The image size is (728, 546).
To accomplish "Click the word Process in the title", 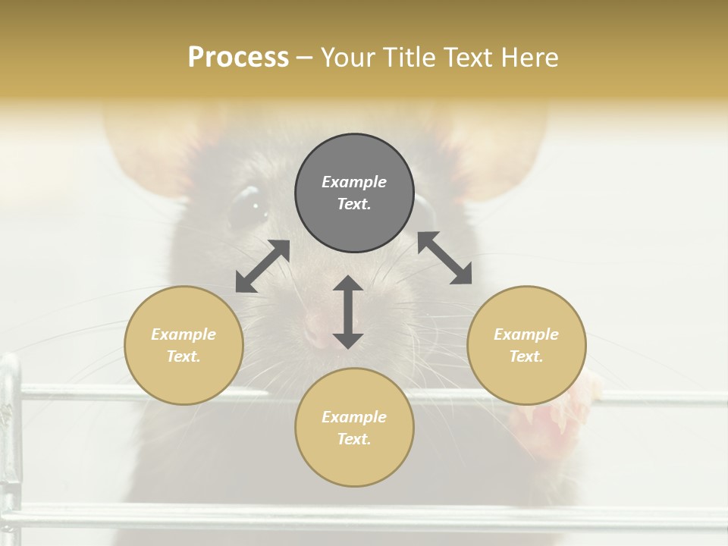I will click(238, 58).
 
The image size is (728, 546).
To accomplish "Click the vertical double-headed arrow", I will click(348, 312).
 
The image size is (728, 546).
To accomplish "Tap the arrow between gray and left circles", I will click(262, 266).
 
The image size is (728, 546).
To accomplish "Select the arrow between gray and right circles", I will click(444, 258).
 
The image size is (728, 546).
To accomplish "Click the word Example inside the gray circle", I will click(354, 182).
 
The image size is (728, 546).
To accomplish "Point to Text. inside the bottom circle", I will click(354, 439).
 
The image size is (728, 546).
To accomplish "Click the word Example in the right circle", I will click(526, 334).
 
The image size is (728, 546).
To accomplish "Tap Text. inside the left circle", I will click(184, 356).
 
